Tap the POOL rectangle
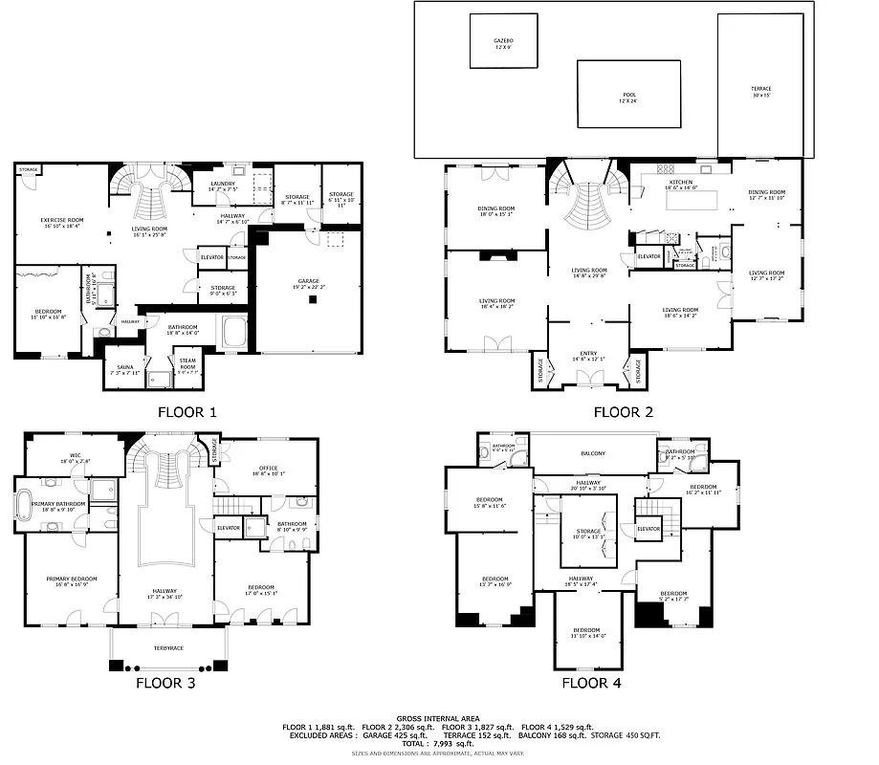coord(628,94)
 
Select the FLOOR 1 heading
coord(187,413)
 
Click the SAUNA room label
coord(126,367)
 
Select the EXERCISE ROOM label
coord(59,222)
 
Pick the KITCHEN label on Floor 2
coord(680,182)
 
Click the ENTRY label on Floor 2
coord(588,354)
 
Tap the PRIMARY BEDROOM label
coord(72,579)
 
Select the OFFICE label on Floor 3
coord(269,470)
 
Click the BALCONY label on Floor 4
coord(593,453)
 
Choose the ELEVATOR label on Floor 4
coord(648,529)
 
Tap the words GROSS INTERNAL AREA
coord(438,717)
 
